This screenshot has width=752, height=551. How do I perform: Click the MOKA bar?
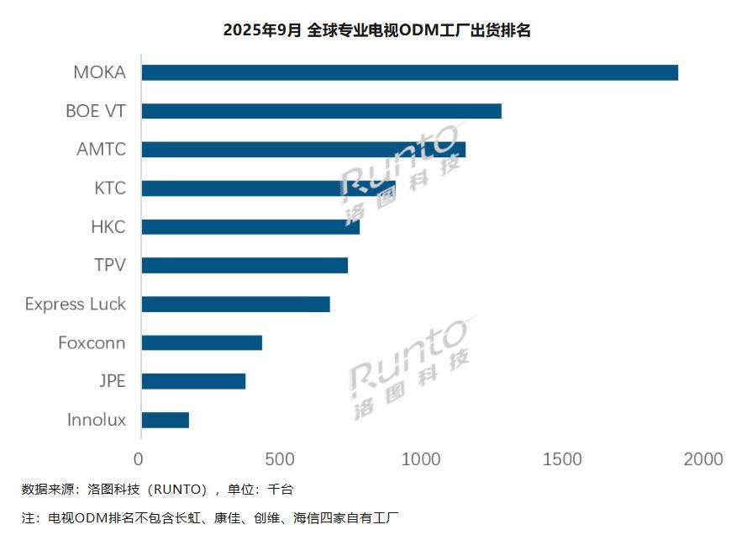pos(409,72)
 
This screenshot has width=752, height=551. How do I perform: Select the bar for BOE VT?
pos(321,111)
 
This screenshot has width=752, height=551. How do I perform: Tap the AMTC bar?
pos(302,150)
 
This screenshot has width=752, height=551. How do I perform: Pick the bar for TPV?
pos(245,265)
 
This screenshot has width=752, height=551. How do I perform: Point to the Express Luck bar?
pos(235,304)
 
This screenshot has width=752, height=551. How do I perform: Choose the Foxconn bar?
pos(202,342)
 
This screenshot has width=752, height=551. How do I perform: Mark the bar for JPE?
pos(193,381)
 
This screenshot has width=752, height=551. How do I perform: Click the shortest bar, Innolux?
pos(165,420)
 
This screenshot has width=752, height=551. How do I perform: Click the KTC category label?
pos(110,188)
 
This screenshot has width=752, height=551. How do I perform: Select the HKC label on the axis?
pos(108,227)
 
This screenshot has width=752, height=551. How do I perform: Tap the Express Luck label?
pos(76,304)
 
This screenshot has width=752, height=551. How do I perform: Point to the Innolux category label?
pos(97,420)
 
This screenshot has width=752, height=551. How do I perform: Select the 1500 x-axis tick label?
pos(562,459)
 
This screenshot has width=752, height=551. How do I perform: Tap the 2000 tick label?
pos(702,459)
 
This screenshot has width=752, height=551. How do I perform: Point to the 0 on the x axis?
pos(139,459)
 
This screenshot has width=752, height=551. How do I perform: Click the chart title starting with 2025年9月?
pos(376,30)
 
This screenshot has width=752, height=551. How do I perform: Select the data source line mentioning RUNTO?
pos(158,489)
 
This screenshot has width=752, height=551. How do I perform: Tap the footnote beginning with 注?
pos(210,517)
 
